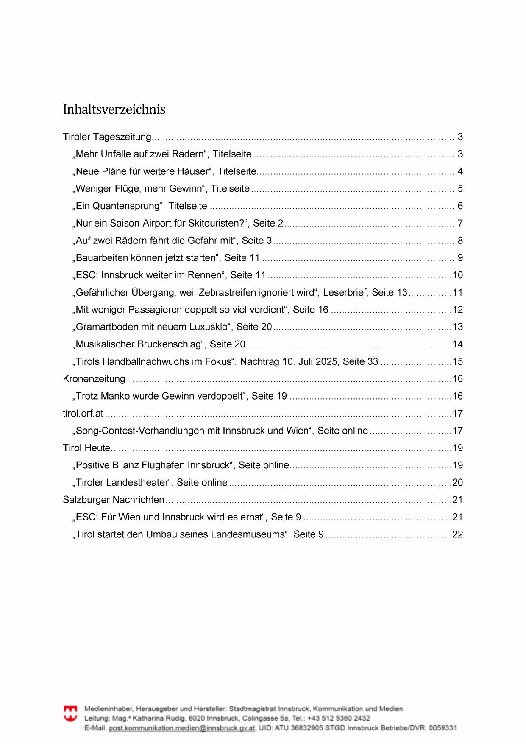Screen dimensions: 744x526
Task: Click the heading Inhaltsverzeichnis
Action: coord(114,109)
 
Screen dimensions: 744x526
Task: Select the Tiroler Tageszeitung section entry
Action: coord(107,137)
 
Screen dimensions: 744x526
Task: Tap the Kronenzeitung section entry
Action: coord(94,379)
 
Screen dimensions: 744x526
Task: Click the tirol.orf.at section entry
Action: coord(83,414)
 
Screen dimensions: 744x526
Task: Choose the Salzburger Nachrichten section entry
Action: coord(114,500)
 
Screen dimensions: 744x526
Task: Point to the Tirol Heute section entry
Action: coord(86,448)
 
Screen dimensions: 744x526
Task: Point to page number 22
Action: coord(458,534)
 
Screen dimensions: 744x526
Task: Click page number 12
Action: coord(458,310)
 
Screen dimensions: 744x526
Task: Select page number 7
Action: coord(460,224)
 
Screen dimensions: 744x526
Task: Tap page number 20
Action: coord(458,483)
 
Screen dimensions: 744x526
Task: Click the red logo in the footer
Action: coord(70,713)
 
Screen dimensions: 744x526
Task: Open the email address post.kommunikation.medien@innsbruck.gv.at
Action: coord(182,728)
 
